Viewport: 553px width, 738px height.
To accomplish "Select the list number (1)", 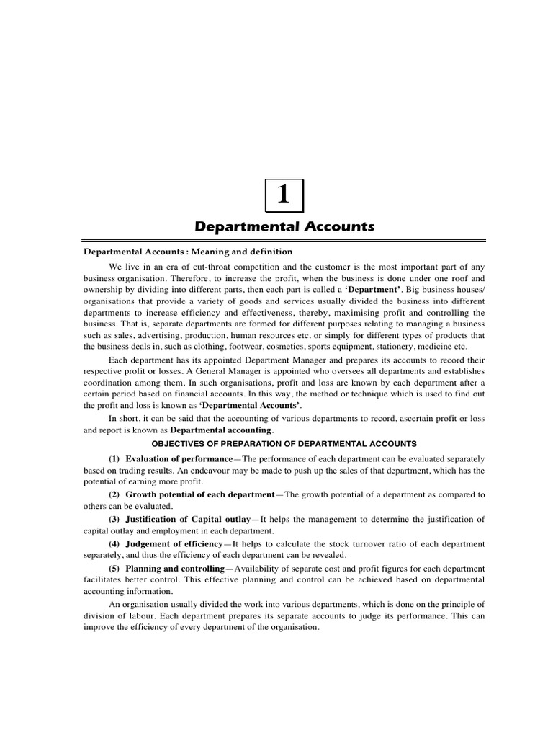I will [114, 458].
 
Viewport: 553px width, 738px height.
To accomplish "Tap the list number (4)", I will [114, 543].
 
